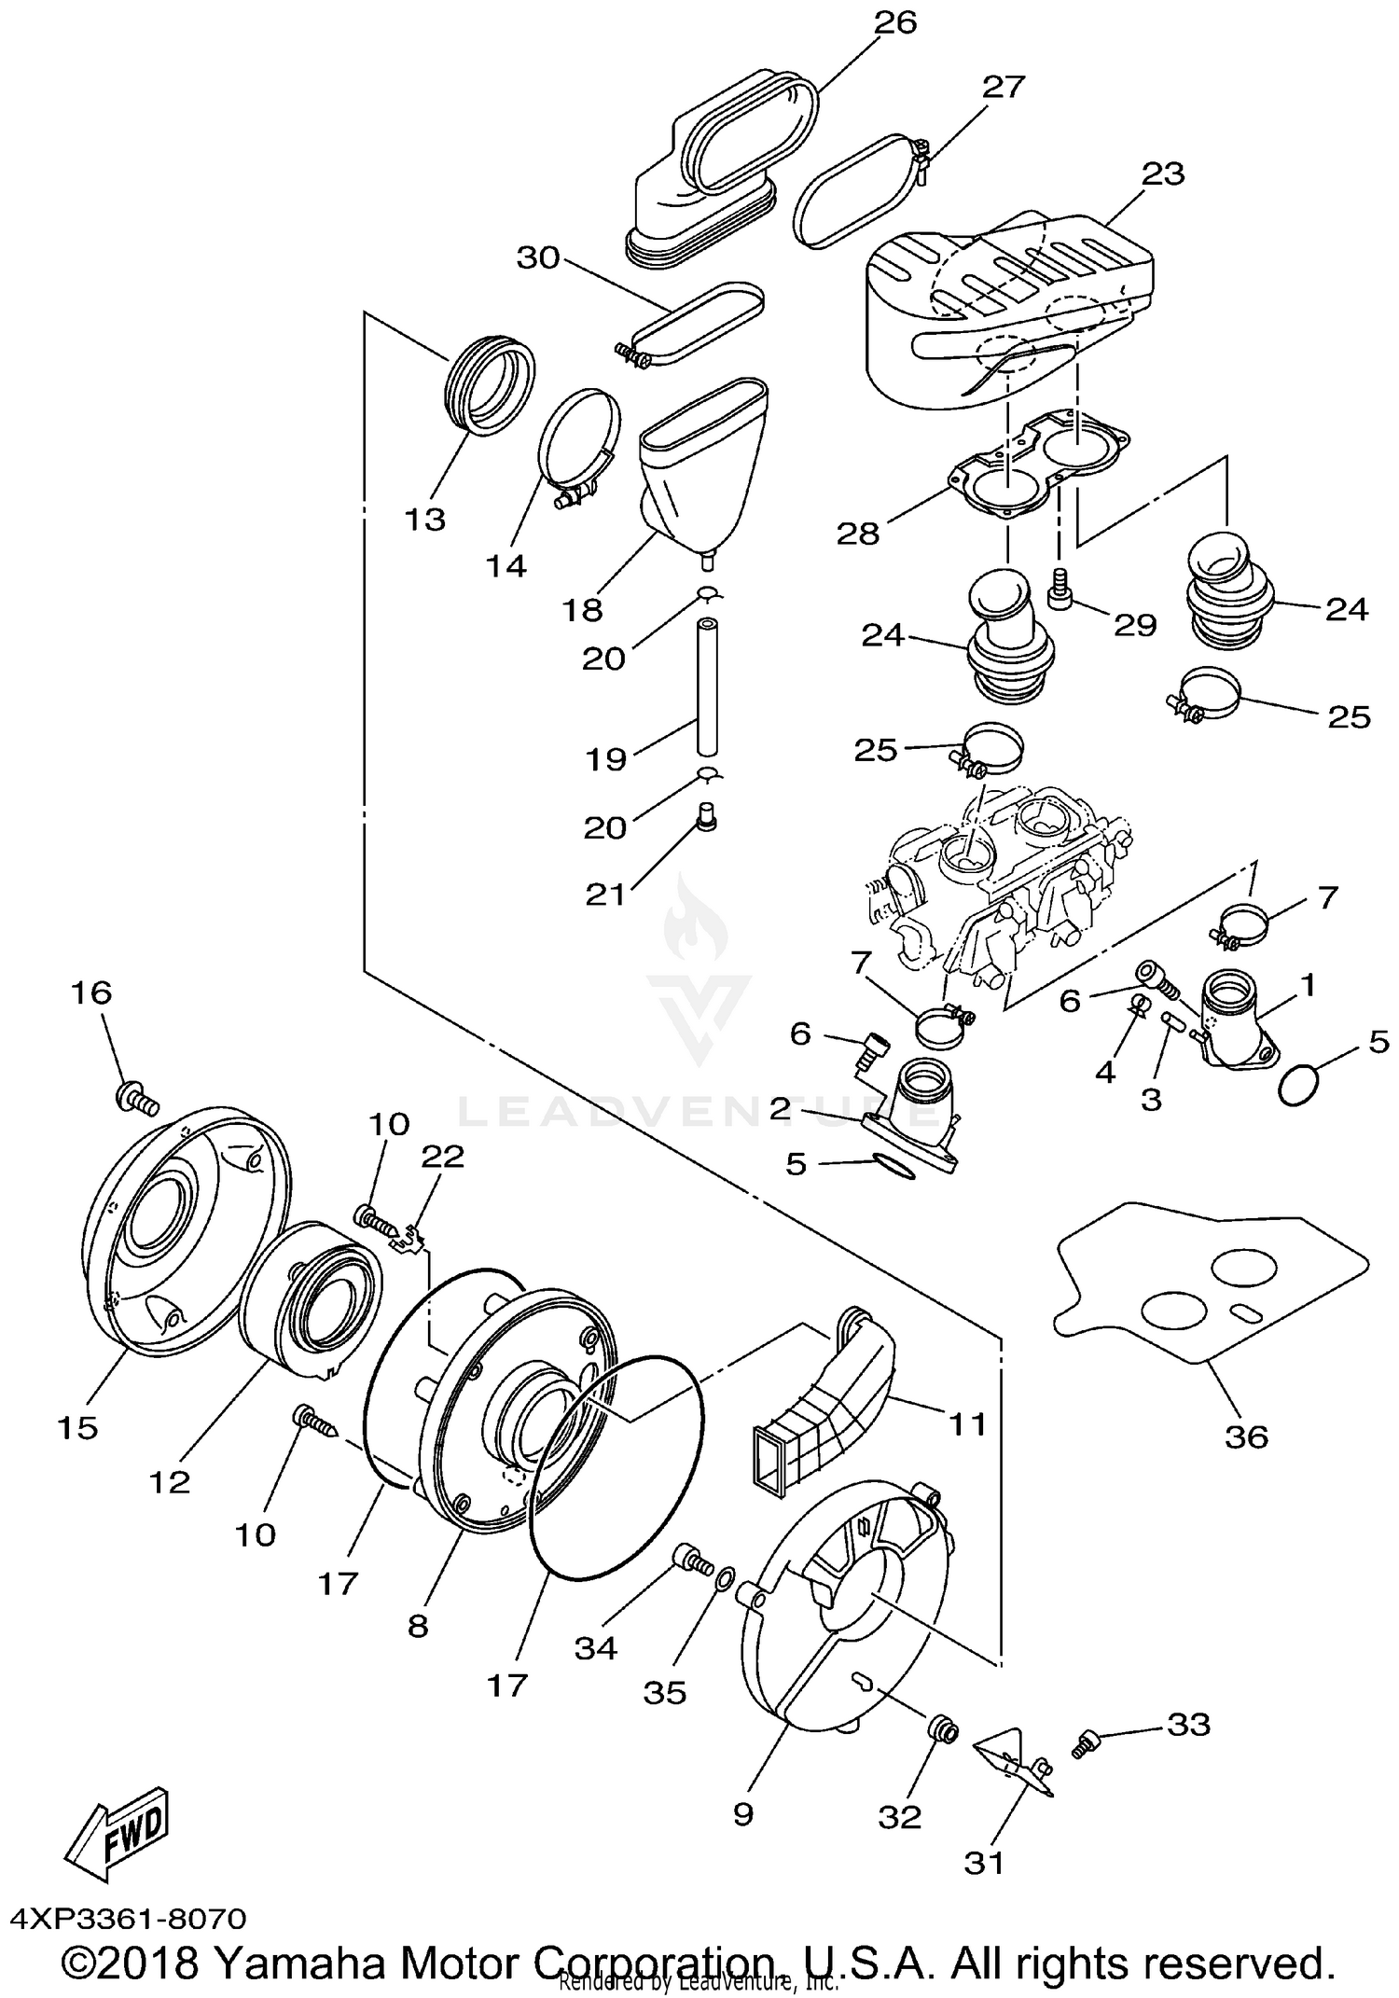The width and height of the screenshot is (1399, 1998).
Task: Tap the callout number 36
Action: click(1246, 1436)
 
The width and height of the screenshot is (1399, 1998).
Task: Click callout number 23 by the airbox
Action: click(1162, 173)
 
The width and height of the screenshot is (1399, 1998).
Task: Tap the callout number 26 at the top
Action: click(894, 21)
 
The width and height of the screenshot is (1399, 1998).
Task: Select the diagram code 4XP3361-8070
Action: click(128, 1919)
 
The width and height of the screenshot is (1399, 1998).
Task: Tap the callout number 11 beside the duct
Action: click(967, 1424)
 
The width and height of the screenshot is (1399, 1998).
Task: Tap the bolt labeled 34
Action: click(690, 1554)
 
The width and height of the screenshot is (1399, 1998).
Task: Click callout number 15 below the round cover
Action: click(77, 1427)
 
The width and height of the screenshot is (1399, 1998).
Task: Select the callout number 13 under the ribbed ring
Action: click(424, 519)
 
